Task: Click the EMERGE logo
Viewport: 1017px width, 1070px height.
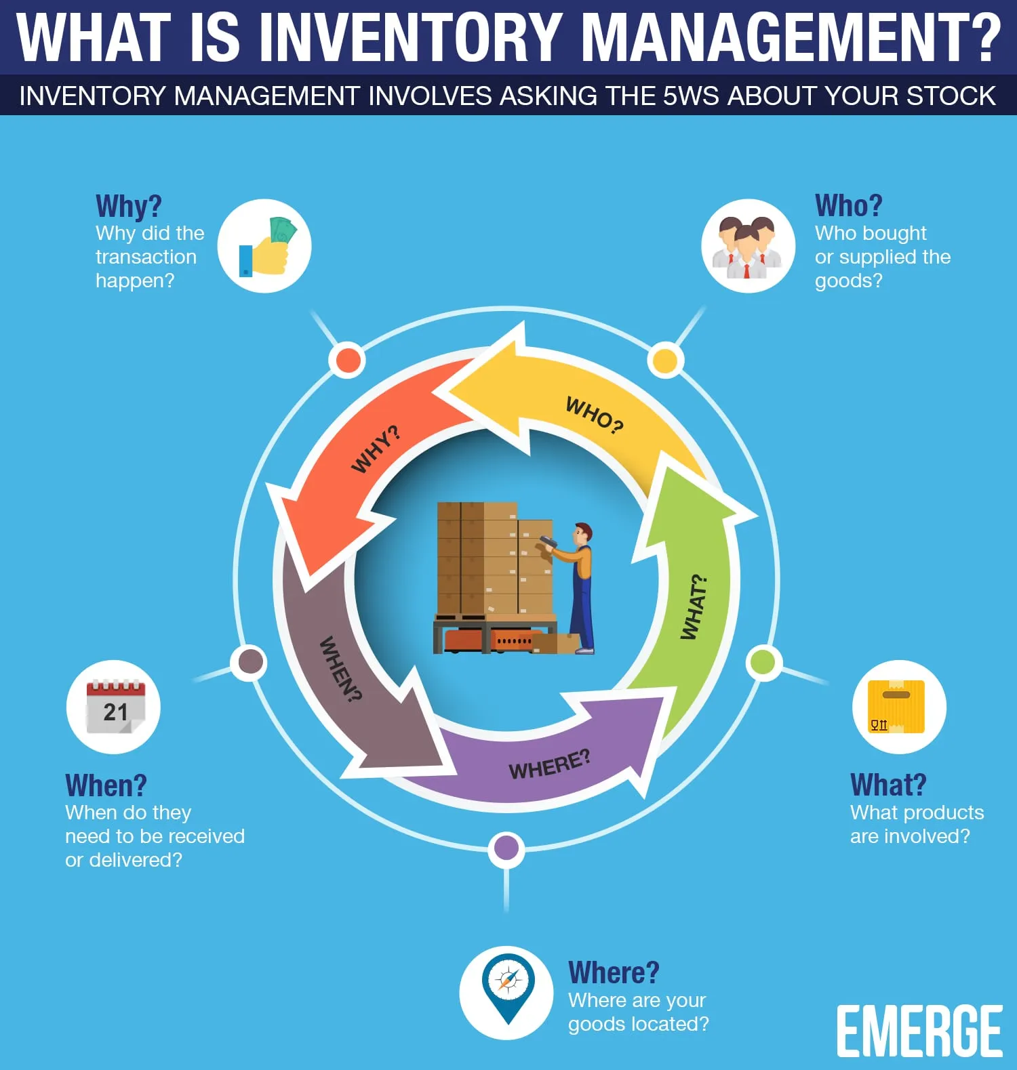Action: click(919, 1031)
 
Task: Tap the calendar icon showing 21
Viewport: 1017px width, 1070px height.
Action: click(115, 707)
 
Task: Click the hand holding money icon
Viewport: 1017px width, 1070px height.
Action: click(267, 247)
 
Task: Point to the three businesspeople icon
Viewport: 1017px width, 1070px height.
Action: click(747, 247)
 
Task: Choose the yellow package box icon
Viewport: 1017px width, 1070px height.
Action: click(898, 707)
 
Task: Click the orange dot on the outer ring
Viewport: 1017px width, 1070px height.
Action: click(348, 361)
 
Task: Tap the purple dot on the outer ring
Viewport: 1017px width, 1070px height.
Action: click(506, 848)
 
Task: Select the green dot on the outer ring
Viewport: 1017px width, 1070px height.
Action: click(763, 662)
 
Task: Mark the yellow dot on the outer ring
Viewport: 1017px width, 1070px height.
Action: click(665, 361)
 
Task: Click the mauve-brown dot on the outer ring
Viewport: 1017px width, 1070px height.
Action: click(250, 662)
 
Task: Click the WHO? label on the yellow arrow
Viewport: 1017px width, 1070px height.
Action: click(595, 414)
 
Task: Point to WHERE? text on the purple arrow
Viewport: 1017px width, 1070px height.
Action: click(550, 765)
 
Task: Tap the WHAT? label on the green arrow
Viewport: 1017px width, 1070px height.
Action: click(694, 607)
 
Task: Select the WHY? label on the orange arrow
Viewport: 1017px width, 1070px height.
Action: click(376, 449)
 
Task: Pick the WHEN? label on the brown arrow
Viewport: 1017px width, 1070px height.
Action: click(340, 669)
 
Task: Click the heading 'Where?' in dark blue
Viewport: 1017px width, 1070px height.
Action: click(614, 972)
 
